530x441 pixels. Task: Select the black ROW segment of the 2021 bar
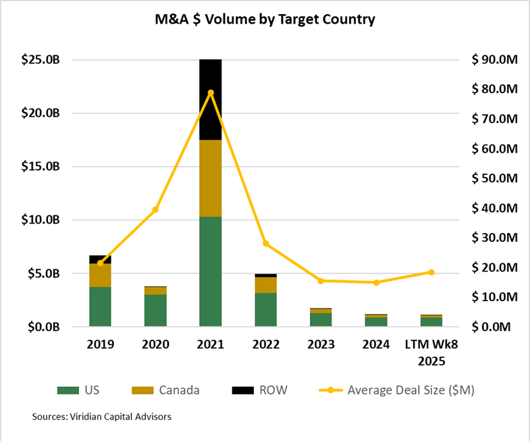point(211,99)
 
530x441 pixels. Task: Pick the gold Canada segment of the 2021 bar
point(211,178)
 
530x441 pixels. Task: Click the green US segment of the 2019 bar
point(101,307)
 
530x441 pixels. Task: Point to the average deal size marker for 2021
point(211,93)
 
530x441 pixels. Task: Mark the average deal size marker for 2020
point(155,209)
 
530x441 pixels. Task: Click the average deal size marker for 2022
point(266,243)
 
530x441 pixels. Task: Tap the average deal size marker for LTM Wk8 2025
point(431,272)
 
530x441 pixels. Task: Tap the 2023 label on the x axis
point(321,344)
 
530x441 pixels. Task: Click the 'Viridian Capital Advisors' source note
point(101,417)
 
